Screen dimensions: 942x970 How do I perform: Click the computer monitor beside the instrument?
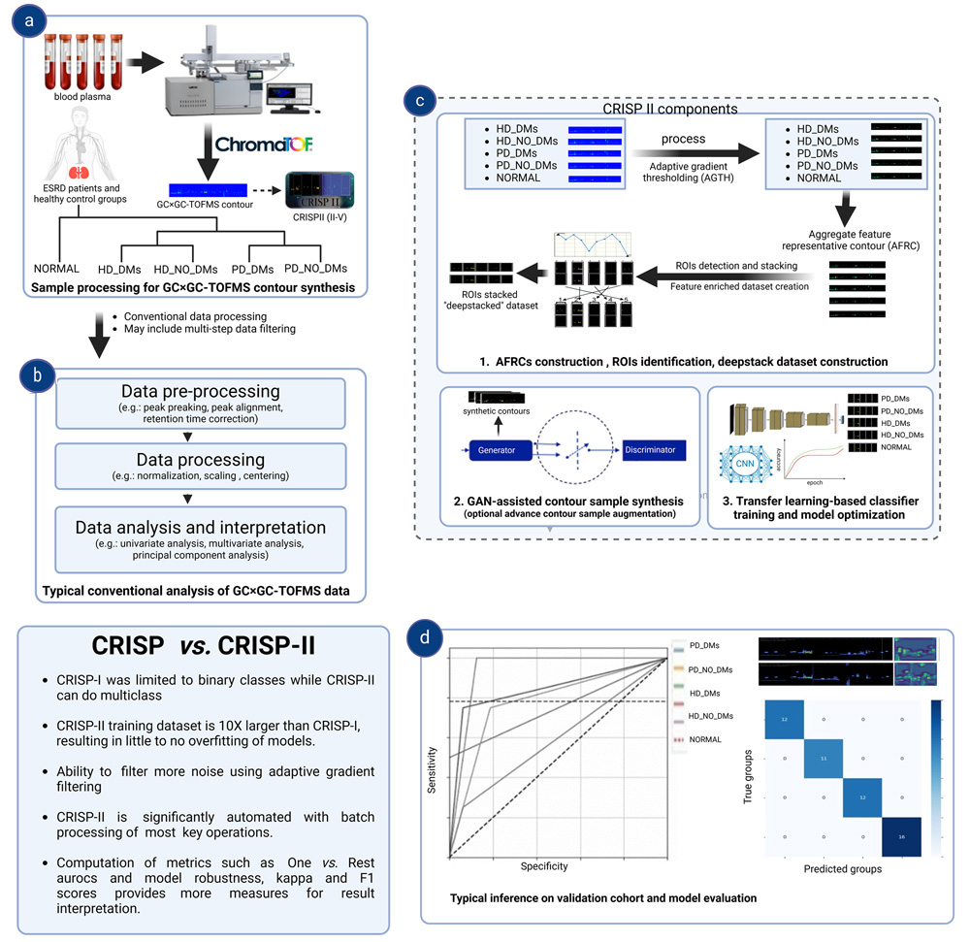(287, 93)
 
